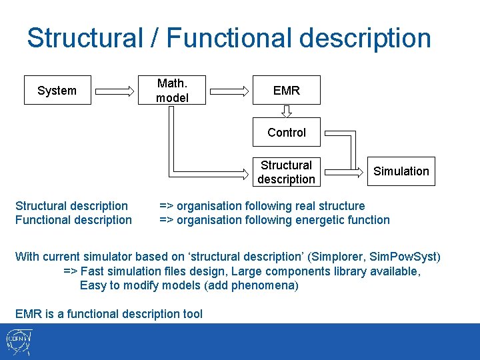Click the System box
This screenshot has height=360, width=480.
pos(57,91)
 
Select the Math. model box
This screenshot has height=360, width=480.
pos(172,91)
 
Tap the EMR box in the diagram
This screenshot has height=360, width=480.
pos(287,91)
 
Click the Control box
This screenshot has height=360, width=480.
pos(287,132)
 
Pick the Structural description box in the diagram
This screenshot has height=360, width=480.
pos(287,172)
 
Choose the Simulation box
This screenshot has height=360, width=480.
pos(401,171)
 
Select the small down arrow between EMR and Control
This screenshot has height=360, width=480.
pos(287,111)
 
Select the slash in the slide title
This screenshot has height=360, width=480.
pos(155,38)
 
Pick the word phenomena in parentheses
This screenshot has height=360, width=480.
pos(268,285)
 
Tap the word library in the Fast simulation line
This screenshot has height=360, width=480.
pos(344,271)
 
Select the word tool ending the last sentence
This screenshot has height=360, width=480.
pos(191,313)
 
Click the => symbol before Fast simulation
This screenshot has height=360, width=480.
pos(70,271)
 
